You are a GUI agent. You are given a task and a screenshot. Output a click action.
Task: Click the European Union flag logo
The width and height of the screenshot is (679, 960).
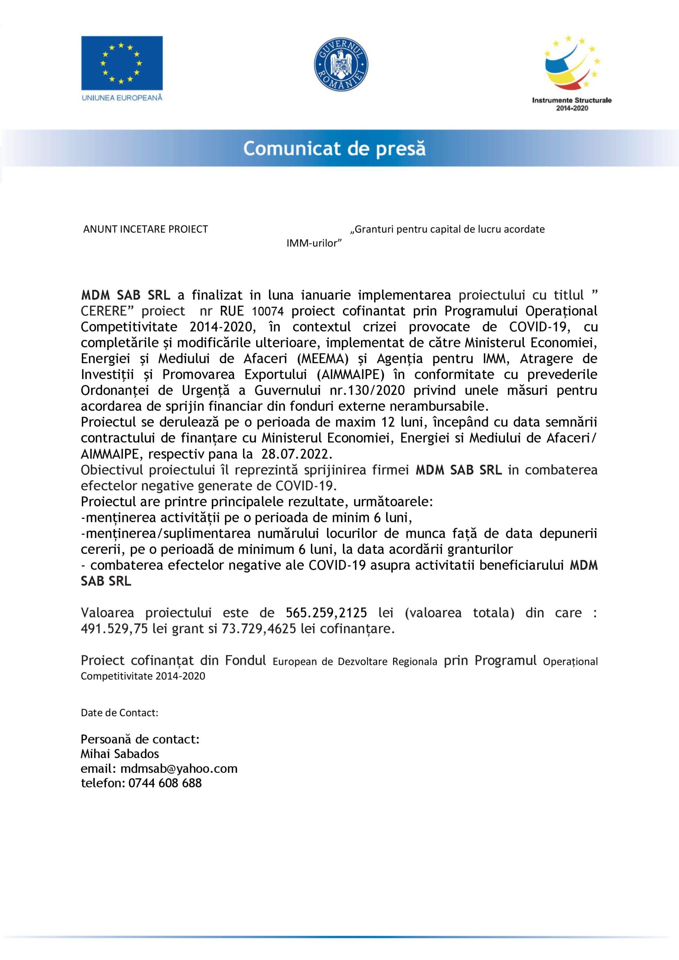(122, 63)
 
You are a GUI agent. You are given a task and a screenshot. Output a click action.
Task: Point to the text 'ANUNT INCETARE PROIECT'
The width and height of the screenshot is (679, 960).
(145, 229)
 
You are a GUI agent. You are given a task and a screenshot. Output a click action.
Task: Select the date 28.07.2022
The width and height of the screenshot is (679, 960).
(297, 454)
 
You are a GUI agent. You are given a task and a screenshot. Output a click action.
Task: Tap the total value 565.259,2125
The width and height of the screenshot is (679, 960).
(327, 613)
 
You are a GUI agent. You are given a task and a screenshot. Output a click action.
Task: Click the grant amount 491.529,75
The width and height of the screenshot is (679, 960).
(114, 629)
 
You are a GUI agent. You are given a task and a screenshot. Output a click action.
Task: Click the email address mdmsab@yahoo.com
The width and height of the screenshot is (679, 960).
(178, 768)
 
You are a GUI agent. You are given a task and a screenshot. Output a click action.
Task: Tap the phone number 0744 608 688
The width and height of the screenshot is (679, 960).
(165, 783)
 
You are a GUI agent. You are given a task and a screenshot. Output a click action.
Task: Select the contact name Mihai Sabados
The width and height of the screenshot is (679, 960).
(120, 754)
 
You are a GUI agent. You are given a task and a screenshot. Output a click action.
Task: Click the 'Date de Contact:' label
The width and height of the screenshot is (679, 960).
(120, 713)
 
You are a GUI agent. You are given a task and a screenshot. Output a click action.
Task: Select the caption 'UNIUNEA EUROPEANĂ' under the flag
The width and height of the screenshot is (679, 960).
(122, 98)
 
